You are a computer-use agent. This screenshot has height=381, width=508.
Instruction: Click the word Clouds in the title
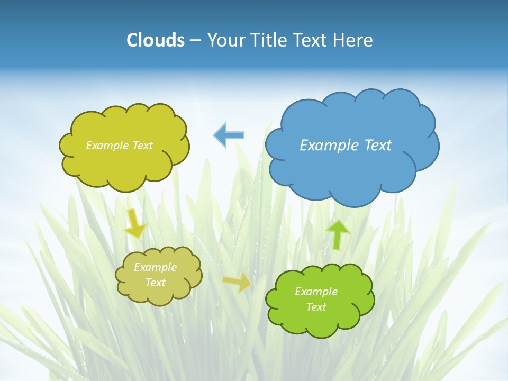[155, 40]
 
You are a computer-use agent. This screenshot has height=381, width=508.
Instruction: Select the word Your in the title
[225, 40]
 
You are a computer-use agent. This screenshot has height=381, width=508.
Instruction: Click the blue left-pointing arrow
[229, 135]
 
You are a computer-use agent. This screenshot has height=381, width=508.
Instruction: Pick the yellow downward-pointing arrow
[134, 223]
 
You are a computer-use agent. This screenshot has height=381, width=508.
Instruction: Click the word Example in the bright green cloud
[316, 292]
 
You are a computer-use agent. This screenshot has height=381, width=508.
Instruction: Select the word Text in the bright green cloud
[316, 307]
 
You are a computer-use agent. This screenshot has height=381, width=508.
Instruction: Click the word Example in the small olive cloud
[156, 267]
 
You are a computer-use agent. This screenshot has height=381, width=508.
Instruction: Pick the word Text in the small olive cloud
[156, 283]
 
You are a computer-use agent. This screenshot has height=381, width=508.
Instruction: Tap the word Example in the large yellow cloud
[106, 146]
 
